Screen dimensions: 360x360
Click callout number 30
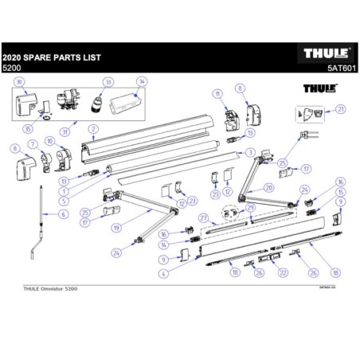[20, 82]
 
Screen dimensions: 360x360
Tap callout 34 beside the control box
[142, 82]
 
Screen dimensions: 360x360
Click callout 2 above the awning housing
[93, 128]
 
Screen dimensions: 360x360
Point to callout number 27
[203, 217]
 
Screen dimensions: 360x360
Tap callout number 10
[49, 142]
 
